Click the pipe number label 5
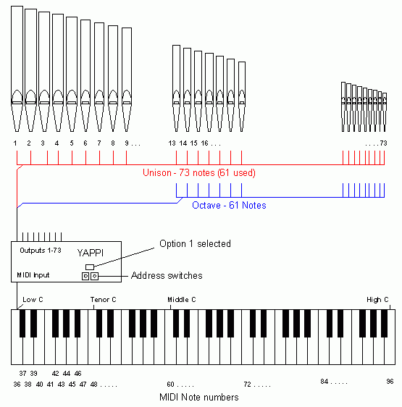(72, 143)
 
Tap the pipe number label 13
(172, 143)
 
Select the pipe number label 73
(384, 143)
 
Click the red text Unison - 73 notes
(179, 172)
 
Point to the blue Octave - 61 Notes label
(229, 206)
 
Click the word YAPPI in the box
(91, 253)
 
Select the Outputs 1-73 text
(41, 251)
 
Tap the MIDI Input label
(33, 275)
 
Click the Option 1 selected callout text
(195, 244)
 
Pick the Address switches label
(167, 275)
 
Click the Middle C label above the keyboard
(182, 300)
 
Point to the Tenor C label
(103, 300)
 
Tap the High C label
(377, 300)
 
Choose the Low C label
(33, 300)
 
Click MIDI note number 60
(170, 384)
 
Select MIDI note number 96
(390, 382)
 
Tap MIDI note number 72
(247, 384)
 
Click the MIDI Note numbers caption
(199, 397)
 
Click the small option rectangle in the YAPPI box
(90, 267)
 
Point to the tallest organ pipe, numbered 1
(17, 69)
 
